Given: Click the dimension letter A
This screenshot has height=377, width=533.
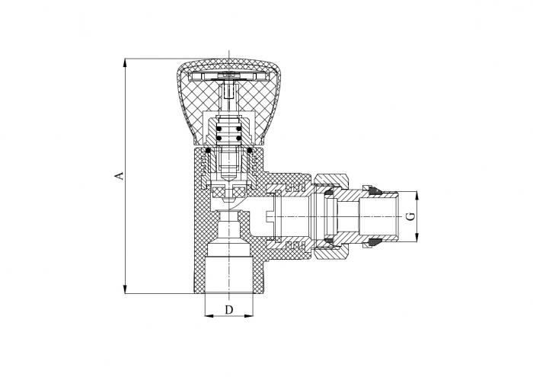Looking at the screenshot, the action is [119, 176].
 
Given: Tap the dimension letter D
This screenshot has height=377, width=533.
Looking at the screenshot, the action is [229, 310].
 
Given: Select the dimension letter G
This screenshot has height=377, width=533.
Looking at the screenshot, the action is [410, 216].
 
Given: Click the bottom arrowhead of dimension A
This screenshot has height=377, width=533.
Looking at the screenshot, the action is [125, 289].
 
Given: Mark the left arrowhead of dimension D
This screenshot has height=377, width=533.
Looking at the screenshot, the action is [209, 316].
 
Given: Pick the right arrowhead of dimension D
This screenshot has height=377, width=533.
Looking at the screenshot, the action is [249, 316].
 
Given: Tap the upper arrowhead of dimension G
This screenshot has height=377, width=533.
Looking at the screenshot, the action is [417, 196].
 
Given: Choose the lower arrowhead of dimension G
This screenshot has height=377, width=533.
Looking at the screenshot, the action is [417, 238].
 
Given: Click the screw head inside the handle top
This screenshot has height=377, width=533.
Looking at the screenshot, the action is [228, 75].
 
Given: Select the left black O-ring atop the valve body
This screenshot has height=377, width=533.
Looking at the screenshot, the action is [208, 150].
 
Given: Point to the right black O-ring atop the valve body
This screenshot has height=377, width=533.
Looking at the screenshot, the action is [250, 150].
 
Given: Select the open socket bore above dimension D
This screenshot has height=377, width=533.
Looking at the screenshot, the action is [228, 275].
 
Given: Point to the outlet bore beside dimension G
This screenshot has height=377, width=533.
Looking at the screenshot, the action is [378, 216].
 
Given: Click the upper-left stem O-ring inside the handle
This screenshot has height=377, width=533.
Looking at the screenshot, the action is [219, 129].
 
